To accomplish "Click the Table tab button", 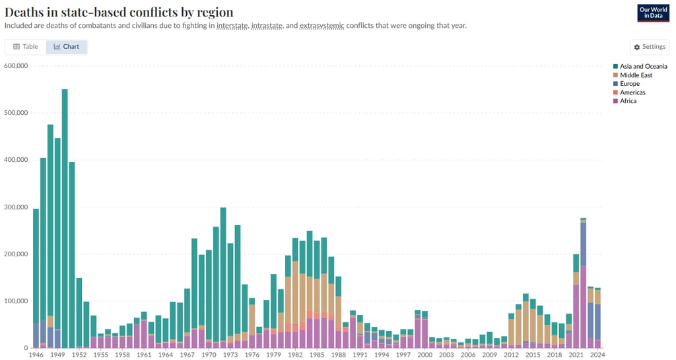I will tap(26, 47).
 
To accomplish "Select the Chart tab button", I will tap(67, 47).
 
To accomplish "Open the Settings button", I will tap(650, 47).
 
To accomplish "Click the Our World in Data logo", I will tap(653, 13).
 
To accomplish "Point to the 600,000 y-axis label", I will tap(15, 65).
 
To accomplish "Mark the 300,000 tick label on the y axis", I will tap(15, 207).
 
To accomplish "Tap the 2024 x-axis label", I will tap(597, 355).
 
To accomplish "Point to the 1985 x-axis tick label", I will tap(317, 355).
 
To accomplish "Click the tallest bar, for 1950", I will tap(65, 218).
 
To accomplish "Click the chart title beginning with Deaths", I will tap(119, 12).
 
